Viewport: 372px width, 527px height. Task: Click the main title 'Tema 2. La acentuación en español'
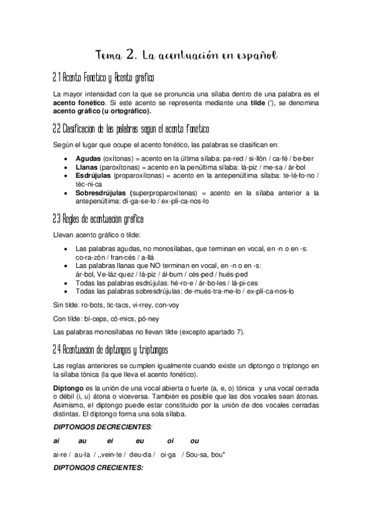(x=186, y=56)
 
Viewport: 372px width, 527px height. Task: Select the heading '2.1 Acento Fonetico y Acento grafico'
(x=104, y=78)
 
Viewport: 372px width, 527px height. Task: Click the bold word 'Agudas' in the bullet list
(x=88, y=158)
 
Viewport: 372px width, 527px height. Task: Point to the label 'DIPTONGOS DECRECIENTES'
(x=102, y=428)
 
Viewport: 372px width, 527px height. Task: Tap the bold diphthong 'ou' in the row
(x=194, y=441)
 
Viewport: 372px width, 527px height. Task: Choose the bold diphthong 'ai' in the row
(x=57, y=441)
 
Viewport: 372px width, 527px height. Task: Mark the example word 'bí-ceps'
(x=95, y=318)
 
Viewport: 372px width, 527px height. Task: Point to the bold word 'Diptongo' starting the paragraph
(x=69, y=387)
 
